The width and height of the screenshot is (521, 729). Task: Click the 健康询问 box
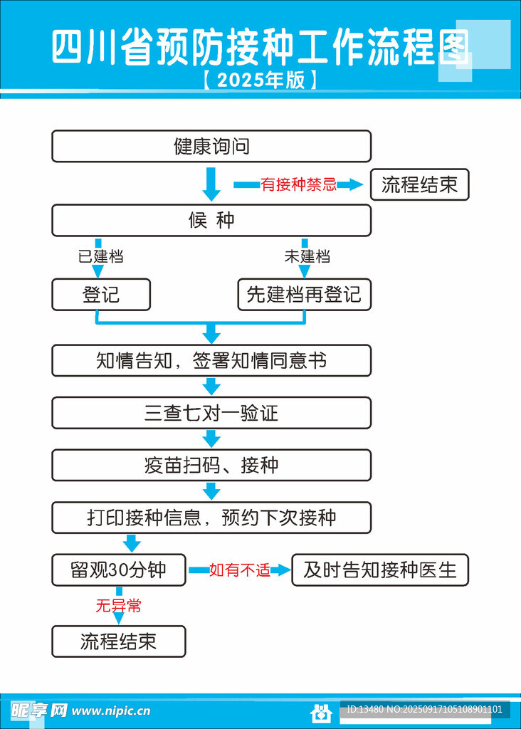tap(211, 147)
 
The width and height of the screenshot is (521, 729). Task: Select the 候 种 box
tap(211, 221)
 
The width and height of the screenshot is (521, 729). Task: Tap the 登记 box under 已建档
tap(101, 295)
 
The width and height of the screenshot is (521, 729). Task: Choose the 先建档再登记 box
tap(304, 295)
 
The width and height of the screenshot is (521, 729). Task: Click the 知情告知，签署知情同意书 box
tap(211, 361)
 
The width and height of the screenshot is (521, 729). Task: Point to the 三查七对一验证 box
tap(211, 413)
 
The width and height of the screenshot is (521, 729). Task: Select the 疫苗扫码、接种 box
tap(211, 466)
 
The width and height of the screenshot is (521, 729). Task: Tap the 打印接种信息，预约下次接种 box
tap(211, 518)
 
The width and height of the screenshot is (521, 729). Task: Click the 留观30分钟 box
tap(119, 570)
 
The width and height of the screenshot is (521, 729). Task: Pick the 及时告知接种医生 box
tap(380, 570)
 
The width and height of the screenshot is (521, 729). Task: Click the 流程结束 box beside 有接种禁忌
tap(419, 186)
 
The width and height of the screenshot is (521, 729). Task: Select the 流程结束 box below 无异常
tap(119, 641)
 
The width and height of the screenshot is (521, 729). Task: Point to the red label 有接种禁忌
tap(298, 185)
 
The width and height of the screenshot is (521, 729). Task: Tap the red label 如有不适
tap(240, 570)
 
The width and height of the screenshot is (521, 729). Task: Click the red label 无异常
tap(119, 606)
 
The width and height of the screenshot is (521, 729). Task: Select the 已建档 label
tap(100, 256)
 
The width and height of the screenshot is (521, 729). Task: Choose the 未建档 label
tap(307, 256)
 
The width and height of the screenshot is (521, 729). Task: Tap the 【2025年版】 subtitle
tap(260, 80)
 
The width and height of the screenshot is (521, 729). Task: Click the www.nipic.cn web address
tap(111, 710)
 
